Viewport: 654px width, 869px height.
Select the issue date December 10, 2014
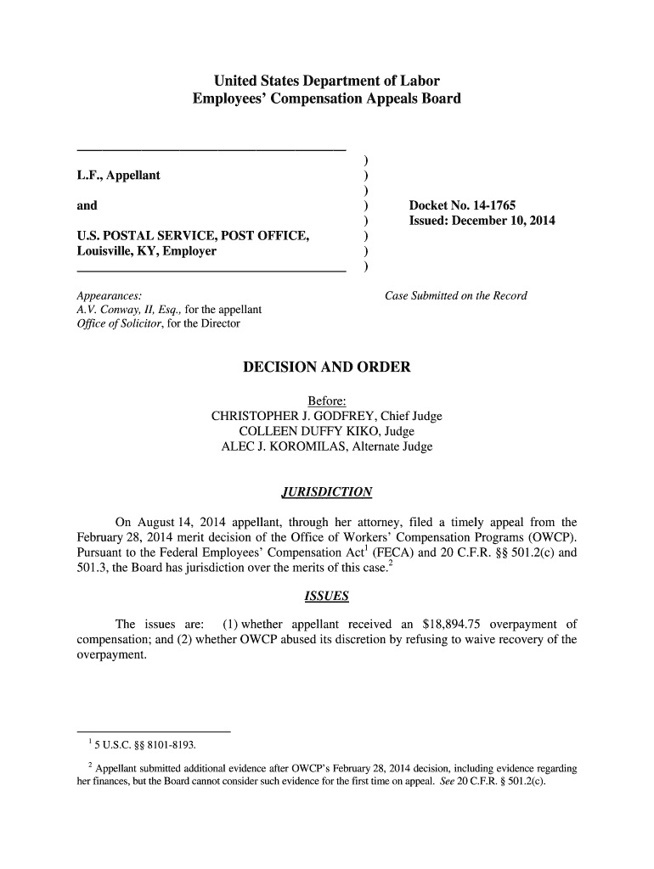504,221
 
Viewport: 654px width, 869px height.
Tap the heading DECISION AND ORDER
326,367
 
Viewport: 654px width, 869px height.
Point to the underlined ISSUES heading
326,597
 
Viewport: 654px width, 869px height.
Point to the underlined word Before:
326,401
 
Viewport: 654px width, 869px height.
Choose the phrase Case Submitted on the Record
456,296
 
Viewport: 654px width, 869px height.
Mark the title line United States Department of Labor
326,82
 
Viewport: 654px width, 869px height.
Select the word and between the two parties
87,205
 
